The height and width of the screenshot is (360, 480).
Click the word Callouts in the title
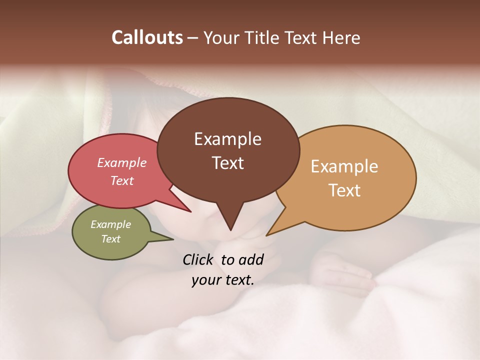pos(147,37)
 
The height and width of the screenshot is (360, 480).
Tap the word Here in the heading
pos(342,37)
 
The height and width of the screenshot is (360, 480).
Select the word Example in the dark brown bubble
pos(227,139)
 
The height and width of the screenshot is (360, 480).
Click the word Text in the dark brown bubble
pos(227,163)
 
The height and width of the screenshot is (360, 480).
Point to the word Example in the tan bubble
pos(344,166)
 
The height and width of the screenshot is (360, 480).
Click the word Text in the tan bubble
pos(344,190)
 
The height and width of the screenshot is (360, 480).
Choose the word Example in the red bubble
pos(122,162)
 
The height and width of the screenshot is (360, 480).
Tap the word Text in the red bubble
pos(122,180)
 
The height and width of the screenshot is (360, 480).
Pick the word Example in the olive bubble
pos(110,224)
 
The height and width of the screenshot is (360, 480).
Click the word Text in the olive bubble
pos(110,239)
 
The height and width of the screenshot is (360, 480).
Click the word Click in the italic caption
pos(199,259)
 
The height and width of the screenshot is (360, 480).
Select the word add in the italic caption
pos(251,259)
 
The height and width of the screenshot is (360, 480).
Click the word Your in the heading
pos(221,37)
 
